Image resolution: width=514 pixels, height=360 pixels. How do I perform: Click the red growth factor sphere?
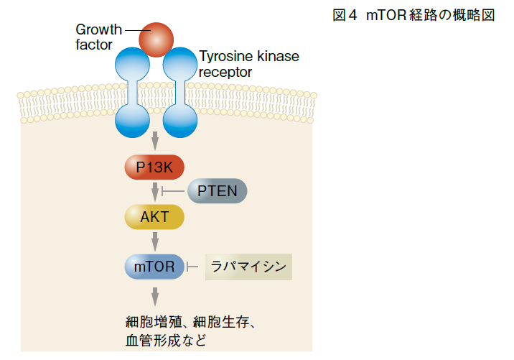point(156,40)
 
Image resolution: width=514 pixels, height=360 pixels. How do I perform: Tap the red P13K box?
point(154,167)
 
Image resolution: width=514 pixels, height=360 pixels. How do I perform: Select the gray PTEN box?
point(217,191)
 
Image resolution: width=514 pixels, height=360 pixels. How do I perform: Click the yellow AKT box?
point(154,217)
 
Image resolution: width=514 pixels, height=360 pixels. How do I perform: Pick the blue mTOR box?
point(154,267)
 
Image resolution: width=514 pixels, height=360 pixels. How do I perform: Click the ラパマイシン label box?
point(248,267)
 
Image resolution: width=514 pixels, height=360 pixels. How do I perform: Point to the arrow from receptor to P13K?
point(155,141)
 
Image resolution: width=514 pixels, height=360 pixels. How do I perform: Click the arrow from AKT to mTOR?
point(155,241)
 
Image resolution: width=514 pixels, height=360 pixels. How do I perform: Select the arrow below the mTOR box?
point(155,297)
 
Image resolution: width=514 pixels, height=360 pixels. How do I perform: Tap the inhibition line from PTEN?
point(173,191)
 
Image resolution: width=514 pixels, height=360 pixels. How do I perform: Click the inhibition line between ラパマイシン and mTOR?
point(192,267)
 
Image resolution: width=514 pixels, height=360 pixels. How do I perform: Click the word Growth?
point(98,30)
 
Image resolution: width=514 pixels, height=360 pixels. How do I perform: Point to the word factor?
point(94,45)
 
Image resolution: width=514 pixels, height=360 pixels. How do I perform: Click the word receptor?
point(225,72)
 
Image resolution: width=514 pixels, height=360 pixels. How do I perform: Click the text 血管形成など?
point(166,341)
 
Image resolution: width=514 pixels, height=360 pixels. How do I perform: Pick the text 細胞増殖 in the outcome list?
point(154,322)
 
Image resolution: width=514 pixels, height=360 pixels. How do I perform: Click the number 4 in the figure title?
point(352,15)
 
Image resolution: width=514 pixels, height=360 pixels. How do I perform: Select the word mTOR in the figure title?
point(386,15)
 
